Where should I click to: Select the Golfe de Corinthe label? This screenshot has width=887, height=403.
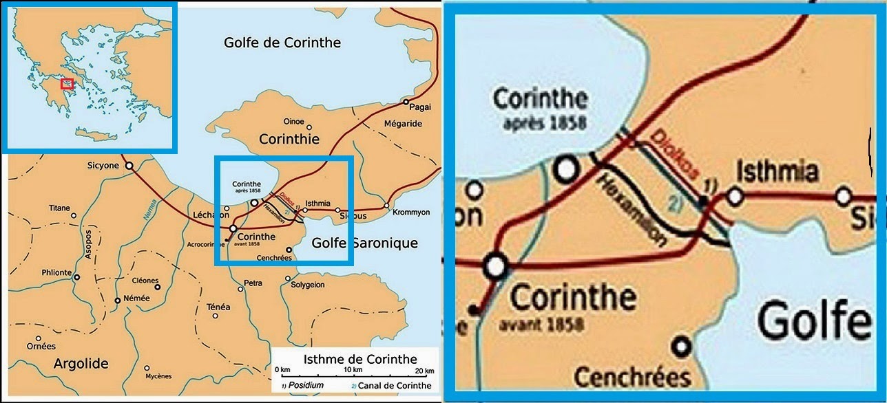282,43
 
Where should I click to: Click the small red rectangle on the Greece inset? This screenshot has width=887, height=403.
67,84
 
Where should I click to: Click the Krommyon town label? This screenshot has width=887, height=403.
411,213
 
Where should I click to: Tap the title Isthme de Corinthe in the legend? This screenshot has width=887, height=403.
360,359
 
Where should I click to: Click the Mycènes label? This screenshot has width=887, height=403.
158,376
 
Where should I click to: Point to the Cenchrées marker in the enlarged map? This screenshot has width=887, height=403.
681,346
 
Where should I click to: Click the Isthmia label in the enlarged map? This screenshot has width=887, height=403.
777,171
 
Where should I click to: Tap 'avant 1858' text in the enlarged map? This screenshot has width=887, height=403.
547,323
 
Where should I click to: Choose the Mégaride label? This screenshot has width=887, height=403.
404,124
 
